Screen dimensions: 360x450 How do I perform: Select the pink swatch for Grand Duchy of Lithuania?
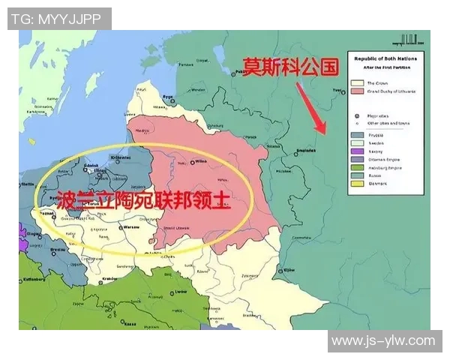pyautogui.click(x=357, y=91)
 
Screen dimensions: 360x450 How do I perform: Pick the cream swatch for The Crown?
pyautogui.click(x=357, y=82)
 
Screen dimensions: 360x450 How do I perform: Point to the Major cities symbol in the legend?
pyautogui.click(x=358, y=115)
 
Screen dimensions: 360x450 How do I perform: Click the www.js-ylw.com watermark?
pyautogui.click(x=382, y=341)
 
